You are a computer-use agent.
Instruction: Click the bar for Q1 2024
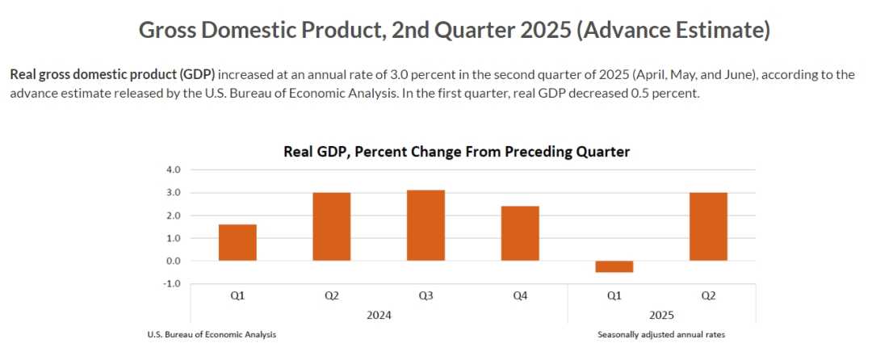237,242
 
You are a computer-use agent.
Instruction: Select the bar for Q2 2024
332,227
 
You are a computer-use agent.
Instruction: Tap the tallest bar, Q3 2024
426,225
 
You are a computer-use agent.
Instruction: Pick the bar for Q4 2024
520,233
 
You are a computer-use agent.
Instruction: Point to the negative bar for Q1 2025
614,266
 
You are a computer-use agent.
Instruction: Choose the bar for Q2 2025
708,227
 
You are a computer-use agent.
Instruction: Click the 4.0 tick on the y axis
174,170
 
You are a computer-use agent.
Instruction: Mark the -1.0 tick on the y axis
173,283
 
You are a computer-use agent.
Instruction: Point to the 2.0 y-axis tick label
174,216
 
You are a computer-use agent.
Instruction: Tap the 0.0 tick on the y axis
174,261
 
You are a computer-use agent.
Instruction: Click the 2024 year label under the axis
379,315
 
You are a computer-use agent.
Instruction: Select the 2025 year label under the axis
661,315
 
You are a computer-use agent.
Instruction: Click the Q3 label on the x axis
426,295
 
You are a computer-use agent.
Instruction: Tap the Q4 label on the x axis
520,295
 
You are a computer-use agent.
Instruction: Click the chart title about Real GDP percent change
456,152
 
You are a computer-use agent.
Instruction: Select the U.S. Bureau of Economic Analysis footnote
212,334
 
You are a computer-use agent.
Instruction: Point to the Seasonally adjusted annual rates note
661,334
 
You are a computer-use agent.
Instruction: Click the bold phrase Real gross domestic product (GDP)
112,74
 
